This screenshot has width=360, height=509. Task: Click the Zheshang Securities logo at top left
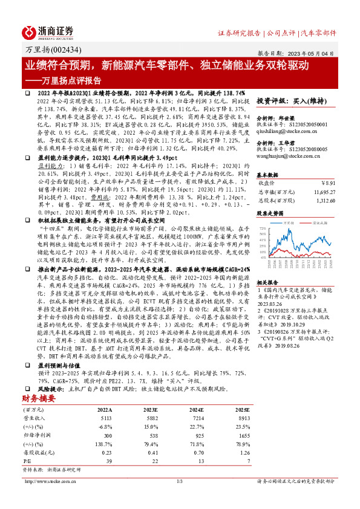48,31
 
